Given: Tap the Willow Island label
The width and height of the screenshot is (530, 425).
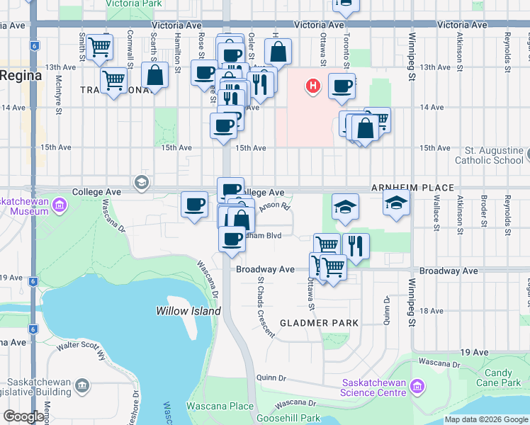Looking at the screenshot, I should [x=188, y=311].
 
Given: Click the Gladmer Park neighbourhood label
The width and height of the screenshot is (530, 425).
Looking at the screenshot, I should [x=318, y=323].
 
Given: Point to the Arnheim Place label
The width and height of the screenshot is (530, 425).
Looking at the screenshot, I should [x=412, y=188].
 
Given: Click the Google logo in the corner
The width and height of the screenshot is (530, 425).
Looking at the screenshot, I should [x=23, y=417].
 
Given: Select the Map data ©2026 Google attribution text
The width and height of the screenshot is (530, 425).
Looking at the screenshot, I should [x=486, y=419].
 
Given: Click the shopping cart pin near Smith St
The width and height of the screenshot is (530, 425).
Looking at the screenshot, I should [x=100, y=47].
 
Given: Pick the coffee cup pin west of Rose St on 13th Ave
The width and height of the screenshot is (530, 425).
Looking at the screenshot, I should [x=204, y=72].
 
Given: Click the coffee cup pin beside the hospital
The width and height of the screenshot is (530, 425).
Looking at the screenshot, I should [x=342, y=86].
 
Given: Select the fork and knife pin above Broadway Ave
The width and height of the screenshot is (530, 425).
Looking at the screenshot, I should [x=356, y=245].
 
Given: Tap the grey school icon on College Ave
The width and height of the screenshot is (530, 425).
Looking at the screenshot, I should [x=141, y=183].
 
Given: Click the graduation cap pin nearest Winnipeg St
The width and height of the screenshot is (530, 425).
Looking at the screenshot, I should [x=396, y=203].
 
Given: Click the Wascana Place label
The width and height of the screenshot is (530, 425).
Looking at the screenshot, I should [x=220, y=406].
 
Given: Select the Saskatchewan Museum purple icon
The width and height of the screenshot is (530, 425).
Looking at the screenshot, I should [x=60, y=206].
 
